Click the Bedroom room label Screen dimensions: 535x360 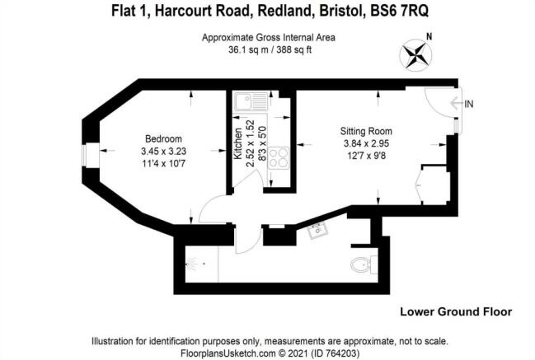pyautogui.click(x=163, y=138)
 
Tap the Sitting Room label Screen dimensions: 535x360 pyautogui.click(x=366, y=131)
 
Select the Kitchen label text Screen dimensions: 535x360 pyautogui.click(x=237, y=143)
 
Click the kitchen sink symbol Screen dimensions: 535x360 pyautogui.click(x=251, y=101)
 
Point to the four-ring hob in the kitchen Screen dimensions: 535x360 pyautogui.click(x=279, y=158)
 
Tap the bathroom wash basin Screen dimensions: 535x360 pyautogui.click(x=318, y=231)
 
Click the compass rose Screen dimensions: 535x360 pyautogui.click(x=415, y=55)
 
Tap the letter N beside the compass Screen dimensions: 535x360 pyautogui.click(x=429, y=36)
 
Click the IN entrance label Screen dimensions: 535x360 pyautogui.click(x=469, y=104)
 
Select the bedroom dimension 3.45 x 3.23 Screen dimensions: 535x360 pyautogui.click(x=163, y=151)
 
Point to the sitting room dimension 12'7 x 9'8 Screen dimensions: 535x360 pyautogui.click(x=366, y=156)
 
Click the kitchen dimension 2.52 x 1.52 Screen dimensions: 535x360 pyautogui.click(x=251, y=143)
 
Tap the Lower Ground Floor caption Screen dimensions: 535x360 pyautogui.click(x=456, y=311)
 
